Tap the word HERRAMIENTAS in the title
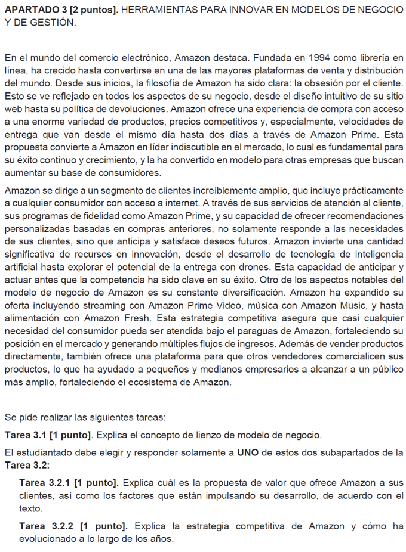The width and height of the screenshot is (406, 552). (155, 11)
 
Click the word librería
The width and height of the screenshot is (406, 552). (376, 58)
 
